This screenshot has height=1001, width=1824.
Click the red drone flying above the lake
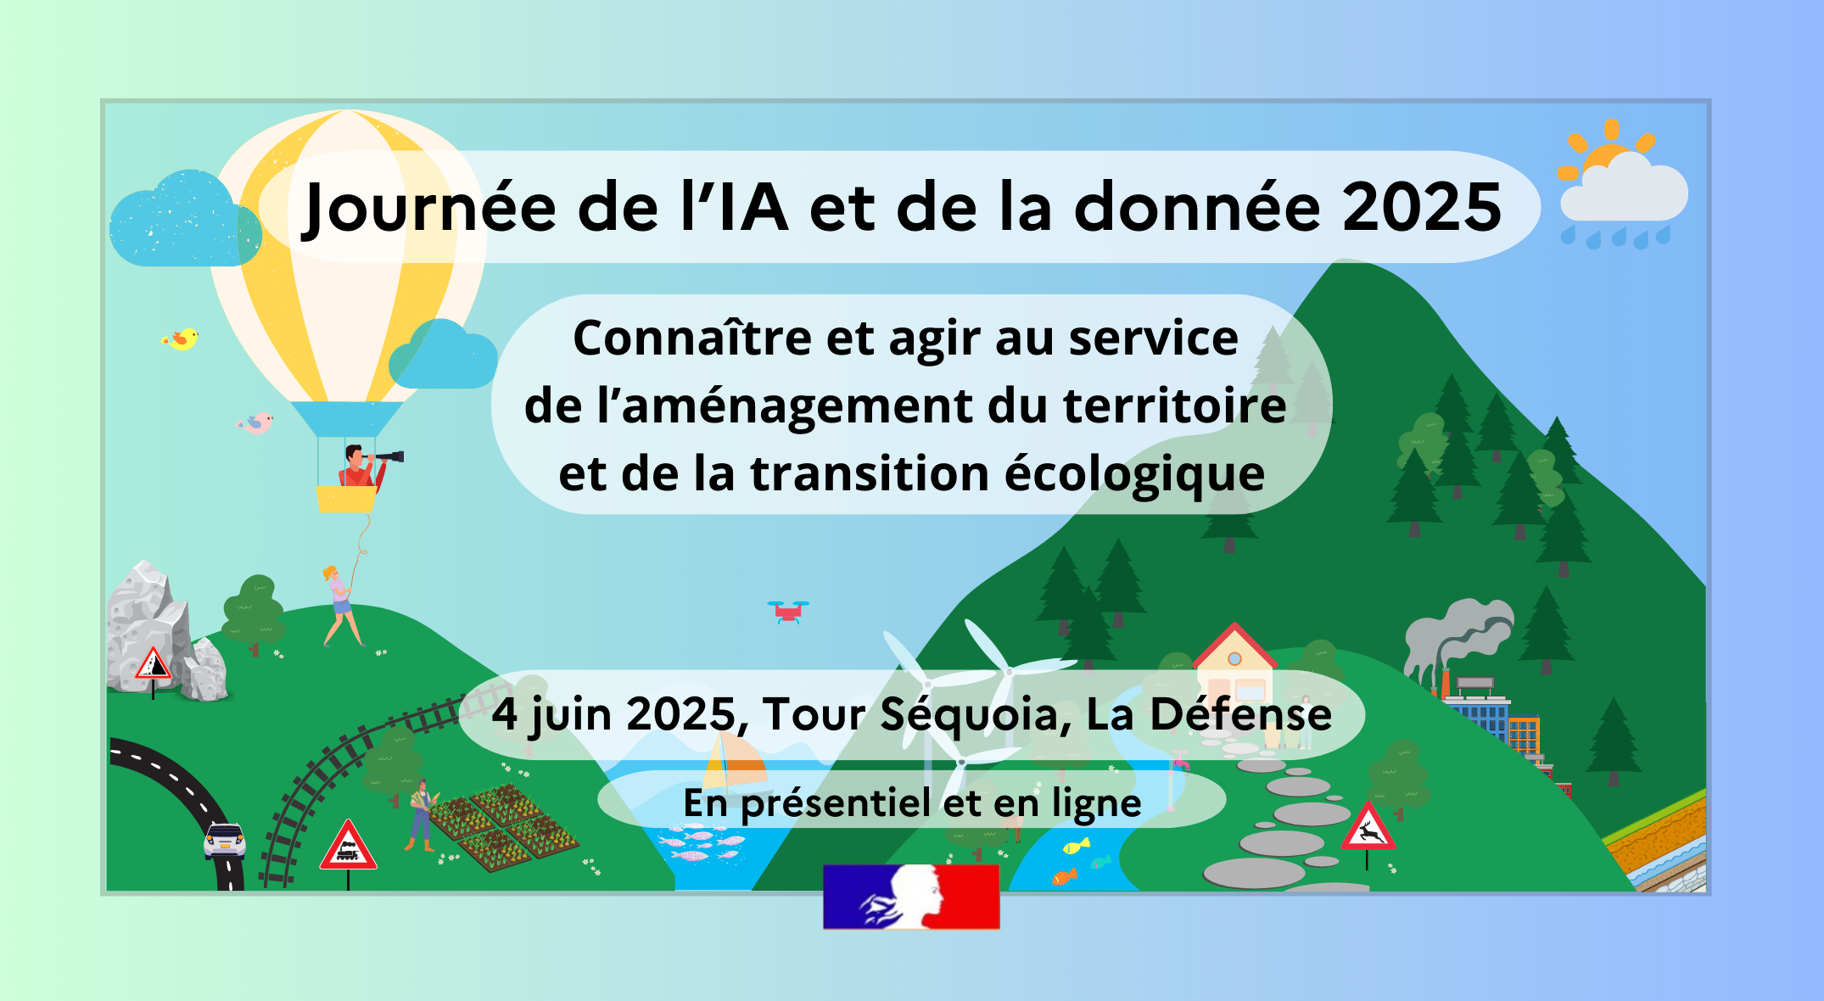click(788, 612)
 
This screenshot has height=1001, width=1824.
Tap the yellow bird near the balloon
click(181, 339)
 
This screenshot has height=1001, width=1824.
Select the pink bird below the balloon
click(255, 422)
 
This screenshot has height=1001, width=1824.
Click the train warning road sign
click(348, 847)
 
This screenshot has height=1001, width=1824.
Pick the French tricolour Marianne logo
click(911, 897)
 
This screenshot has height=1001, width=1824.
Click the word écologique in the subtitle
click(1134, 474)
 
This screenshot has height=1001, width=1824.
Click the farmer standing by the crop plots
click(422, 815)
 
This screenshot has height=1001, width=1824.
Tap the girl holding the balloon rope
click(341, 606)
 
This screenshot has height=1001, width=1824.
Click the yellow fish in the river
click(1077, 846)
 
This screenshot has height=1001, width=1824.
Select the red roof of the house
click(1235, 645)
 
